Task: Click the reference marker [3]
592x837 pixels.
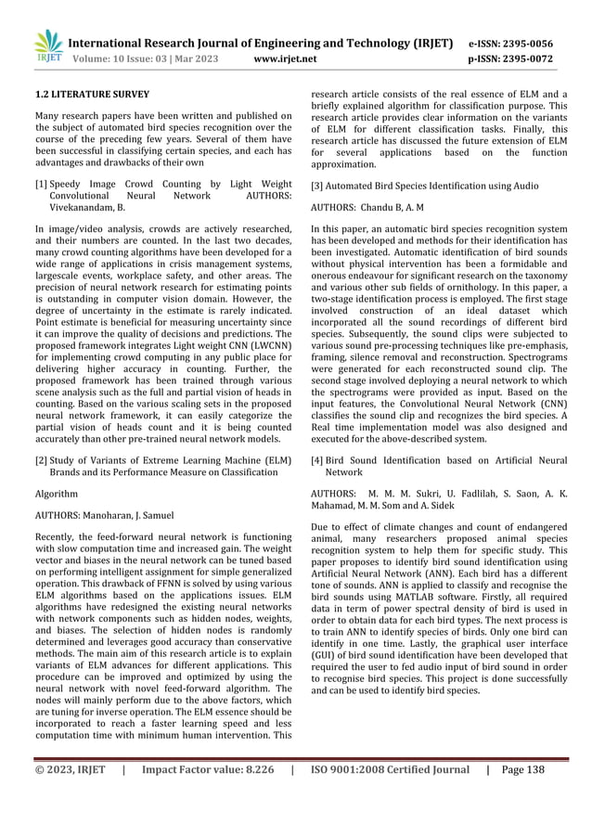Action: click(x=317, y=186)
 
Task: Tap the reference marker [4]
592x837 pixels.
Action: click(x=317, y=460)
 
